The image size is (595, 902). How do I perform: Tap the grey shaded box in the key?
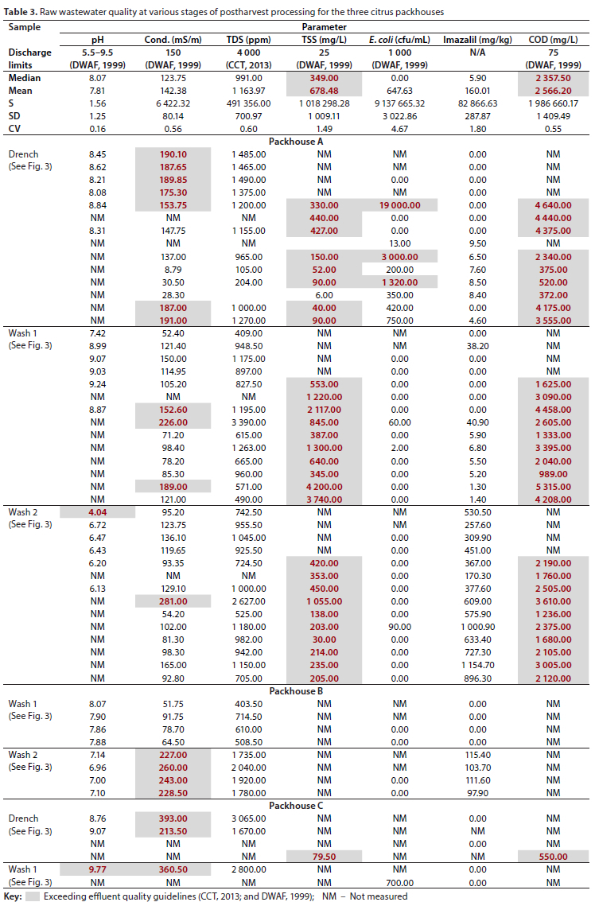[x=32, y=896]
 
